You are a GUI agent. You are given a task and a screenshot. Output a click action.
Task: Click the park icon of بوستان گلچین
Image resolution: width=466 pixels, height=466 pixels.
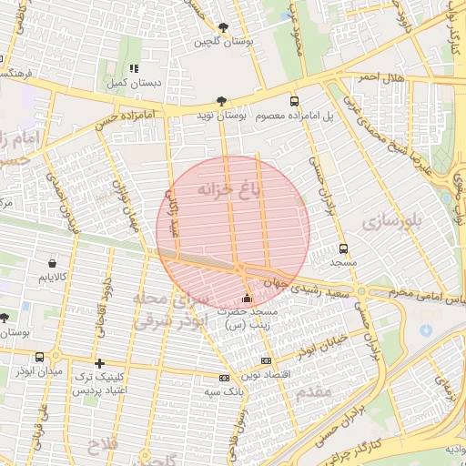(x=224, y=27)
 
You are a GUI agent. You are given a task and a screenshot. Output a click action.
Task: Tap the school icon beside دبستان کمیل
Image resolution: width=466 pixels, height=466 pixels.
(x=133, y=67)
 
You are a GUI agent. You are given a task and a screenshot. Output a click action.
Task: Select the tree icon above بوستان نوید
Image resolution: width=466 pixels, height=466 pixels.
(x=221, y=101)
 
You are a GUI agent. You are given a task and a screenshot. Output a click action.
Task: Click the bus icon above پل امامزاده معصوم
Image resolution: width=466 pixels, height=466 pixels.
(x=293, y=101)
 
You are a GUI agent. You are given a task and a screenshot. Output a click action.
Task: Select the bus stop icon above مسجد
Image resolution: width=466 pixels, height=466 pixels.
(x=343, y=248)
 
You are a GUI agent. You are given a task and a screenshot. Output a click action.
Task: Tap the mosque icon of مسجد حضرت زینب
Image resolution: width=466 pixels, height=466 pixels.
(x=247, y=299)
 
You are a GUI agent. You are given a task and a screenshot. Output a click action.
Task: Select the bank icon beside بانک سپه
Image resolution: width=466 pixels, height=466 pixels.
(x=224, y=378)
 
